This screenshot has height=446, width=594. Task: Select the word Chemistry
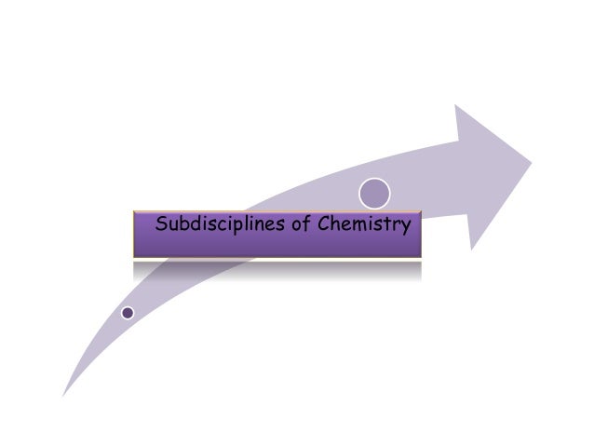[364, 224]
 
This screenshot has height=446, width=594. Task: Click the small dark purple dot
[128, 313]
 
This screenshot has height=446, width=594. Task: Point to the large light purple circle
[375, 192]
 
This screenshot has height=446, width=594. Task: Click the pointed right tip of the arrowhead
[531, 164]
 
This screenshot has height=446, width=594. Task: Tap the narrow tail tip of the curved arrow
[63, 395]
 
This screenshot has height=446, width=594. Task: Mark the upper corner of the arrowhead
[456, 105]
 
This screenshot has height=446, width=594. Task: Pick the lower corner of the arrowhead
[473, 249]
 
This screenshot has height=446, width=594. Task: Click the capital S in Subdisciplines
[162, 224]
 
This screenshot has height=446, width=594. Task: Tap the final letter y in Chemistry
[405, 226]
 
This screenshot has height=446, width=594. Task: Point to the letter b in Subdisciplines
[184, 223]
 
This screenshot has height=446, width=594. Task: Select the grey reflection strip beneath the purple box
[277, 270]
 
